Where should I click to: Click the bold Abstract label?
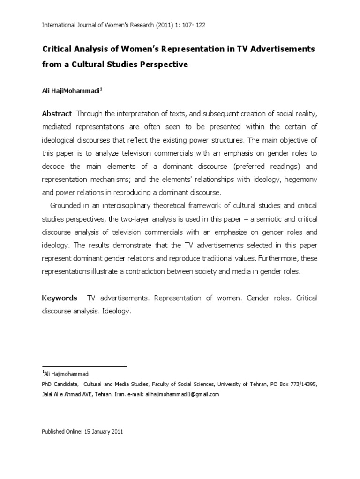(x=57, y=113)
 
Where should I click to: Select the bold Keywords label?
(x=59, y=298)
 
